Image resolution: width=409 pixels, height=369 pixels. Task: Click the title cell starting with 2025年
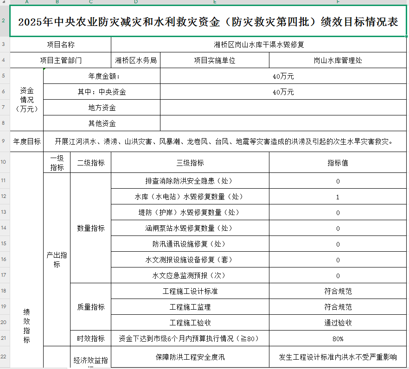(208, 22)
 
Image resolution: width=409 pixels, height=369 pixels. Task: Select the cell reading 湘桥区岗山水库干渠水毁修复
(259, 45)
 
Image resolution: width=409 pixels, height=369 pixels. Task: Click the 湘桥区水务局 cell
(136, 60)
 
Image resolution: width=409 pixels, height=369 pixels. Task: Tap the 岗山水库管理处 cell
(338, 60)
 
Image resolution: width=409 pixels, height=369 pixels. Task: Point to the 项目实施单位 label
(215, 60)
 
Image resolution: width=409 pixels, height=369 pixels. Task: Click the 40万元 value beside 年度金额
(283, 76)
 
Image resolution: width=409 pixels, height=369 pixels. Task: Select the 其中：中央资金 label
(102, 92)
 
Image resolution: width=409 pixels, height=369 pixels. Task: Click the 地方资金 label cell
(102, 108)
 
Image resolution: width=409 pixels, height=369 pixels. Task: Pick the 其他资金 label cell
(102, 123)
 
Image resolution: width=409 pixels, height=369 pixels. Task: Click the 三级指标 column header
(190, 163)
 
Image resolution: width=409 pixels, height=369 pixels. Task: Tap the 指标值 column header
(338, 163)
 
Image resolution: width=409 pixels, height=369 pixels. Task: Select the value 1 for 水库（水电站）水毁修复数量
(338, 197)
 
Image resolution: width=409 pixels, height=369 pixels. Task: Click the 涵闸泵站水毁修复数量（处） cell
(190, 228)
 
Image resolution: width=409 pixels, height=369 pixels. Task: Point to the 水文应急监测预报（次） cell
(190, 275)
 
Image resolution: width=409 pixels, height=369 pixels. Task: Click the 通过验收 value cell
(338, 323)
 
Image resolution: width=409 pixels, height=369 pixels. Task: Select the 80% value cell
(338, 338)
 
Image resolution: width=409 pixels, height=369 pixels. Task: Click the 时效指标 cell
(91, 338)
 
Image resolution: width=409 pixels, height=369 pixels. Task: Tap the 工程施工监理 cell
(190, 307)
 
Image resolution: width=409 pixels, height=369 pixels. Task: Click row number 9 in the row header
(4, 141)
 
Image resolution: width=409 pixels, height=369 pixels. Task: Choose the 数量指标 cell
(91, 228)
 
